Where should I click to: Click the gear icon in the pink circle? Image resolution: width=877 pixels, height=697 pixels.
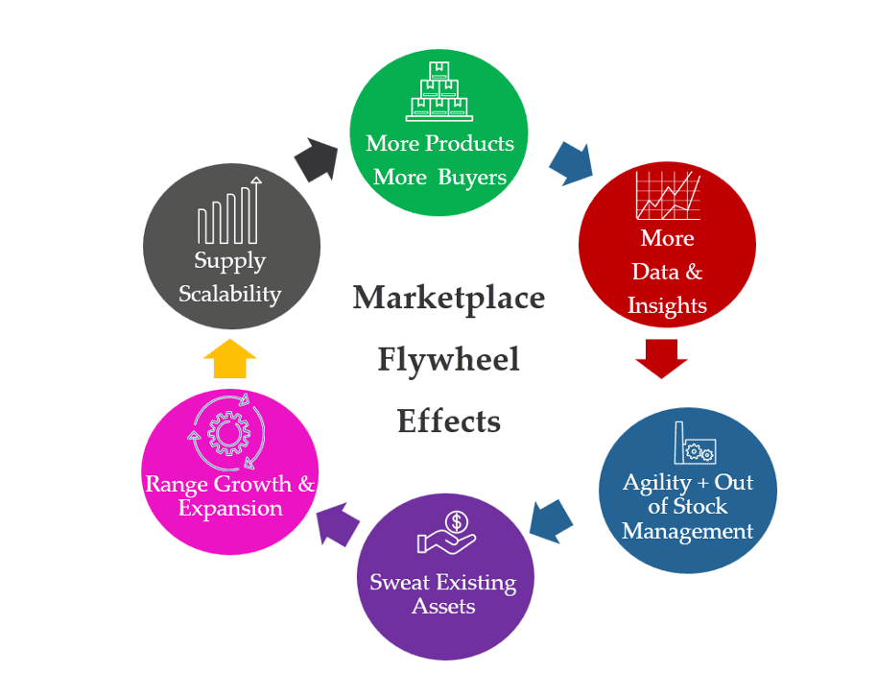coord(228,433)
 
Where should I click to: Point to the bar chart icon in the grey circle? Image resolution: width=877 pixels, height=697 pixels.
coord(229,212)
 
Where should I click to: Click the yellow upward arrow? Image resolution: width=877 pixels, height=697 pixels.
coord(230,357)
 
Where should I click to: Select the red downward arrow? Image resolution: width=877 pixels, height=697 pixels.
coord(662,356)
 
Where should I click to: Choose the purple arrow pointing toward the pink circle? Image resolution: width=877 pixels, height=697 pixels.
coord(337,523)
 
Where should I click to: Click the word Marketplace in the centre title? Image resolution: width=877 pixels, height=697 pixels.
coord(449,298)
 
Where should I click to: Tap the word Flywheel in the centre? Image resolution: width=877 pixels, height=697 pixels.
coord(448,359)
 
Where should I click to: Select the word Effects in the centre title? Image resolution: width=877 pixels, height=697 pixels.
coord(449,421)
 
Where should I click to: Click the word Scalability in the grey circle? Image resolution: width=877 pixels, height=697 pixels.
coord(230,293)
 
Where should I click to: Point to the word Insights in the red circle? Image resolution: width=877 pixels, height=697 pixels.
coord(667,305)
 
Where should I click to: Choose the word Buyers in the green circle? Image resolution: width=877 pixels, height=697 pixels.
coord(472,177)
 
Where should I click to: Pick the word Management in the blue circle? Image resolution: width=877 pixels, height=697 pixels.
coord(687,531)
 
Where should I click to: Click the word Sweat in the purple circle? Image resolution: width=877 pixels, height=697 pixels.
coord(400,582)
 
